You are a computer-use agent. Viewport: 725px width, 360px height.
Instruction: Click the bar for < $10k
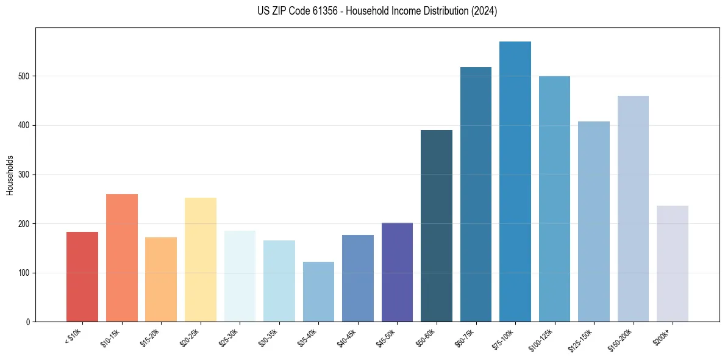pyautogui.click(x=82, y=277)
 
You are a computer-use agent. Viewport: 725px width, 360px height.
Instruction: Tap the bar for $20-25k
pyautogui.click(x=201, y=260)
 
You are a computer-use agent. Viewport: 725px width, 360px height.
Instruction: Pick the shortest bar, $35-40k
pyautogui.click(x=318, y=292)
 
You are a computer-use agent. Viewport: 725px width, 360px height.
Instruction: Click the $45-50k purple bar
pyautogui.click(x=397, y=272)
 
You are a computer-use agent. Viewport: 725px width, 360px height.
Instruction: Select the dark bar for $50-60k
pyautogui.click(x=437, y=226)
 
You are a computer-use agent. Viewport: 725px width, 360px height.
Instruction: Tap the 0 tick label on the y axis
pyautogui.click(x=28, y=322)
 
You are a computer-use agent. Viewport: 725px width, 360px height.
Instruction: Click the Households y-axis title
pyautogui.click(x=10, y=175)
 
